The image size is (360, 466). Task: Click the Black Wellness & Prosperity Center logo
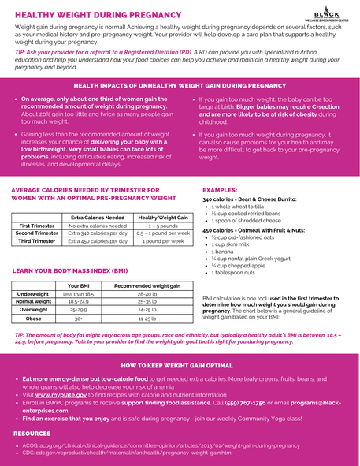tap(326, 15)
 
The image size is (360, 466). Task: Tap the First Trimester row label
tap(36, 226)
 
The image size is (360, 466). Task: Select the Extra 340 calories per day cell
tap(97, 233)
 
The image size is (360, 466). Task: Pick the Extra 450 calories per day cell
tap(97, 241)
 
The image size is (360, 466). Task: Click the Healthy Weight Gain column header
tap(162, 217)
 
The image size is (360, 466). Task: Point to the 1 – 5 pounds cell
tap(162, 226)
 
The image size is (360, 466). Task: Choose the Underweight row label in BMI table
tap(33, 293)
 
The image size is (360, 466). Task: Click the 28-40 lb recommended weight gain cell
tap(147, 293)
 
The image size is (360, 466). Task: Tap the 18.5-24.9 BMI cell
tap(79, 301)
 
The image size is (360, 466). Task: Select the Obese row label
tap(33, 319)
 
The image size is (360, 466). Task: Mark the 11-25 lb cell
tap(147, 319)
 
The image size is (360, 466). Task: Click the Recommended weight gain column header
tap(147, 285)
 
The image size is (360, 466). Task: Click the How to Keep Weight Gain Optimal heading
tap(176, 366)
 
